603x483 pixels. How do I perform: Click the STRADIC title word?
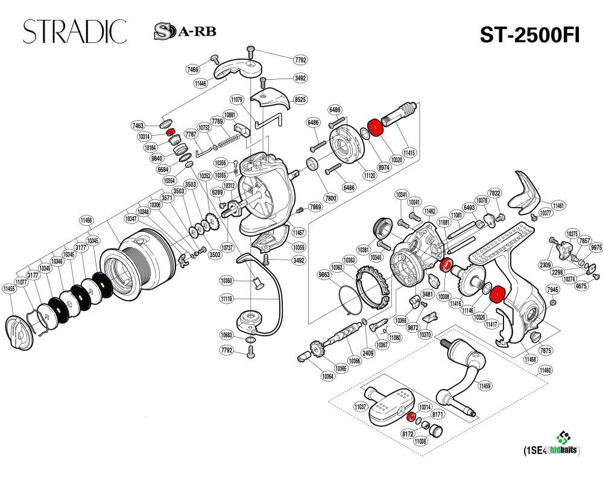pos(75,31)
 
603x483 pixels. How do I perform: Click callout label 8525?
pos(300,98)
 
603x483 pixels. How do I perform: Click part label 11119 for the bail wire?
pos(226,299)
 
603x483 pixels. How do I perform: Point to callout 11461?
pos(558,206)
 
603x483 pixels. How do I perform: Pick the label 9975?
pos(596,247)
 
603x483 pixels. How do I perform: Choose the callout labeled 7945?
pos(552,290)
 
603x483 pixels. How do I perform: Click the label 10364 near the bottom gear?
pos(327,376)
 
